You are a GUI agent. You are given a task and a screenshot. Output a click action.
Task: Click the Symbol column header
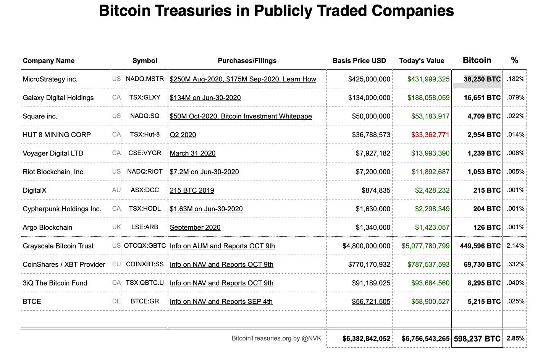[x=145, y=60]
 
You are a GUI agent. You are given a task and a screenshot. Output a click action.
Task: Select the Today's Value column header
[x=422, y=60]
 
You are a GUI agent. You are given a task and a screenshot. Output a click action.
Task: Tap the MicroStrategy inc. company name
[x=50, y=79]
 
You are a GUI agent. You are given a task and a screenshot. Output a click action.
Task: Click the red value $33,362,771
[x=430, y=135]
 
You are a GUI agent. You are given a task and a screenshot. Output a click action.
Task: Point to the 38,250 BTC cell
[x=482, y=79]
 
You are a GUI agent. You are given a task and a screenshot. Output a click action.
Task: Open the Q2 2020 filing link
[x=183, y=135]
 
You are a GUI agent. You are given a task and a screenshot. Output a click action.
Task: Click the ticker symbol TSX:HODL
[x=145, y=209]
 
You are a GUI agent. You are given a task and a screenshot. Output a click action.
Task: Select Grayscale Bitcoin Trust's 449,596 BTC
[x=480, y=246]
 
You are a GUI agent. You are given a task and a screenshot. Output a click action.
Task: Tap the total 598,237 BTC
[x=477, y=339]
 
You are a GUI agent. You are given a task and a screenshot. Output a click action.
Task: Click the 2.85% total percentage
[x=516, y=338]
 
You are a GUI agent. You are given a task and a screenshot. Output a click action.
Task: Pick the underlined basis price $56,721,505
[x=371, y=302]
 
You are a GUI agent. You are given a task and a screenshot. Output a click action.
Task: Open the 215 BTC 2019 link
[x=192, y=190]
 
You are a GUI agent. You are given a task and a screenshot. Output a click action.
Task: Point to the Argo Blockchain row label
[x=47, y=227]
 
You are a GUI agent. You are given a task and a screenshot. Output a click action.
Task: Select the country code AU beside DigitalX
[x=116, y=190]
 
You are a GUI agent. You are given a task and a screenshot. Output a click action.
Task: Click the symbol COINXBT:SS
[x=145, y=264]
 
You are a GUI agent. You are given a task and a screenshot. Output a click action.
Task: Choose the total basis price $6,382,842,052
[x=366, y=339]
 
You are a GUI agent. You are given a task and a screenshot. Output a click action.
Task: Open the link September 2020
[x=195, y=227]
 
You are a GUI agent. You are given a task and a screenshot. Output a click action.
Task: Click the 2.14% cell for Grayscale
[x=516, y=246]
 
